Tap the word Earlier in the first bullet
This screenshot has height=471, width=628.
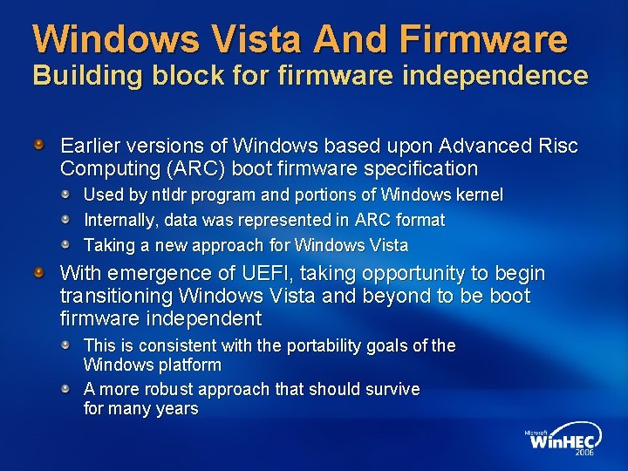tap(90, 146)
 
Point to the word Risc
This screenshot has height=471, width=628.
tap(557, 146)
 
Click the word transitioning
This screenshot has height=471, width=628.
tap(113, 296)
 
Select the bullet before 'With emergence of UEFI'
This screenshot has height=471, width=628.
tap(40, 273)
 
